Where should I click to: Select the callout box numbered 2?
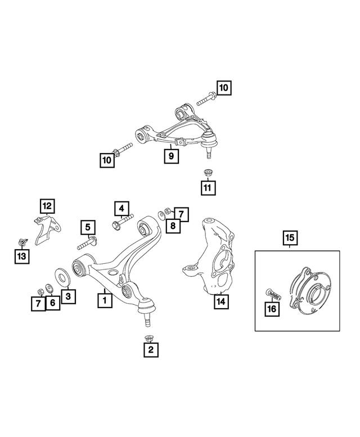[150, 350]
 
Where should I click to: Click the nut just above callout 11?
[207, 173]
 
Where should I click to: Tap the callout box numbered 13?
[21, 256]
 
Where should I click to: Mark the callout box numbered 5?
[87, 228]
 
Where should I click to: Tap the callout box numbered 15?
[290, 238]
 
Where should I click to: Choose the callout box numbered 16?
[272, 309]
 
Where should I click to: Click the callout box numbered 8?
[172, 226]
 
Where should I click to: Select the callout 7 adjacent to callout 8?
[181, 214]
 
